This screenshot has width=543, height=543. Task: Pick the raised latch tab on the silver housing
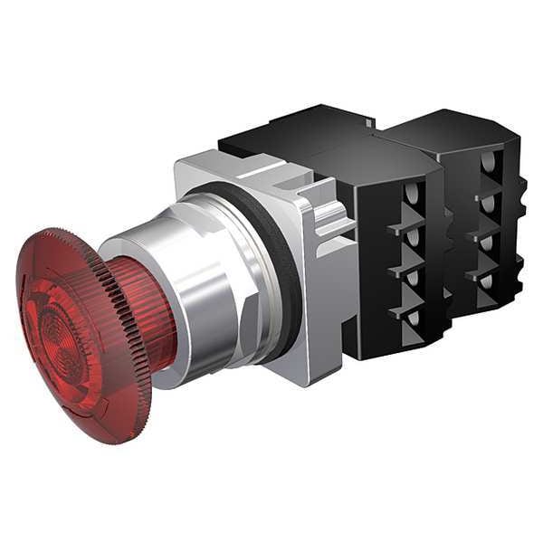330,217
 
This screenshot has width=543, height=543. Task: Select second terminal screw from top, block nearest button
413,238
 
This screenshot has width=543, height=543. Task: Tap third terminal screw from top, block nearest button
413,277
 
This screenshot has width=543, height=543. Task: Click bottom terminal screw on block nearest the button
413,318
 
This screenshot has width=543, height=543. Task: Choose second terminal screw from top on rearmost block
490,205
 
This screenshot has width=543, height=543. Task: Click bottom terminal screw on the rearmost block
490,281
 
